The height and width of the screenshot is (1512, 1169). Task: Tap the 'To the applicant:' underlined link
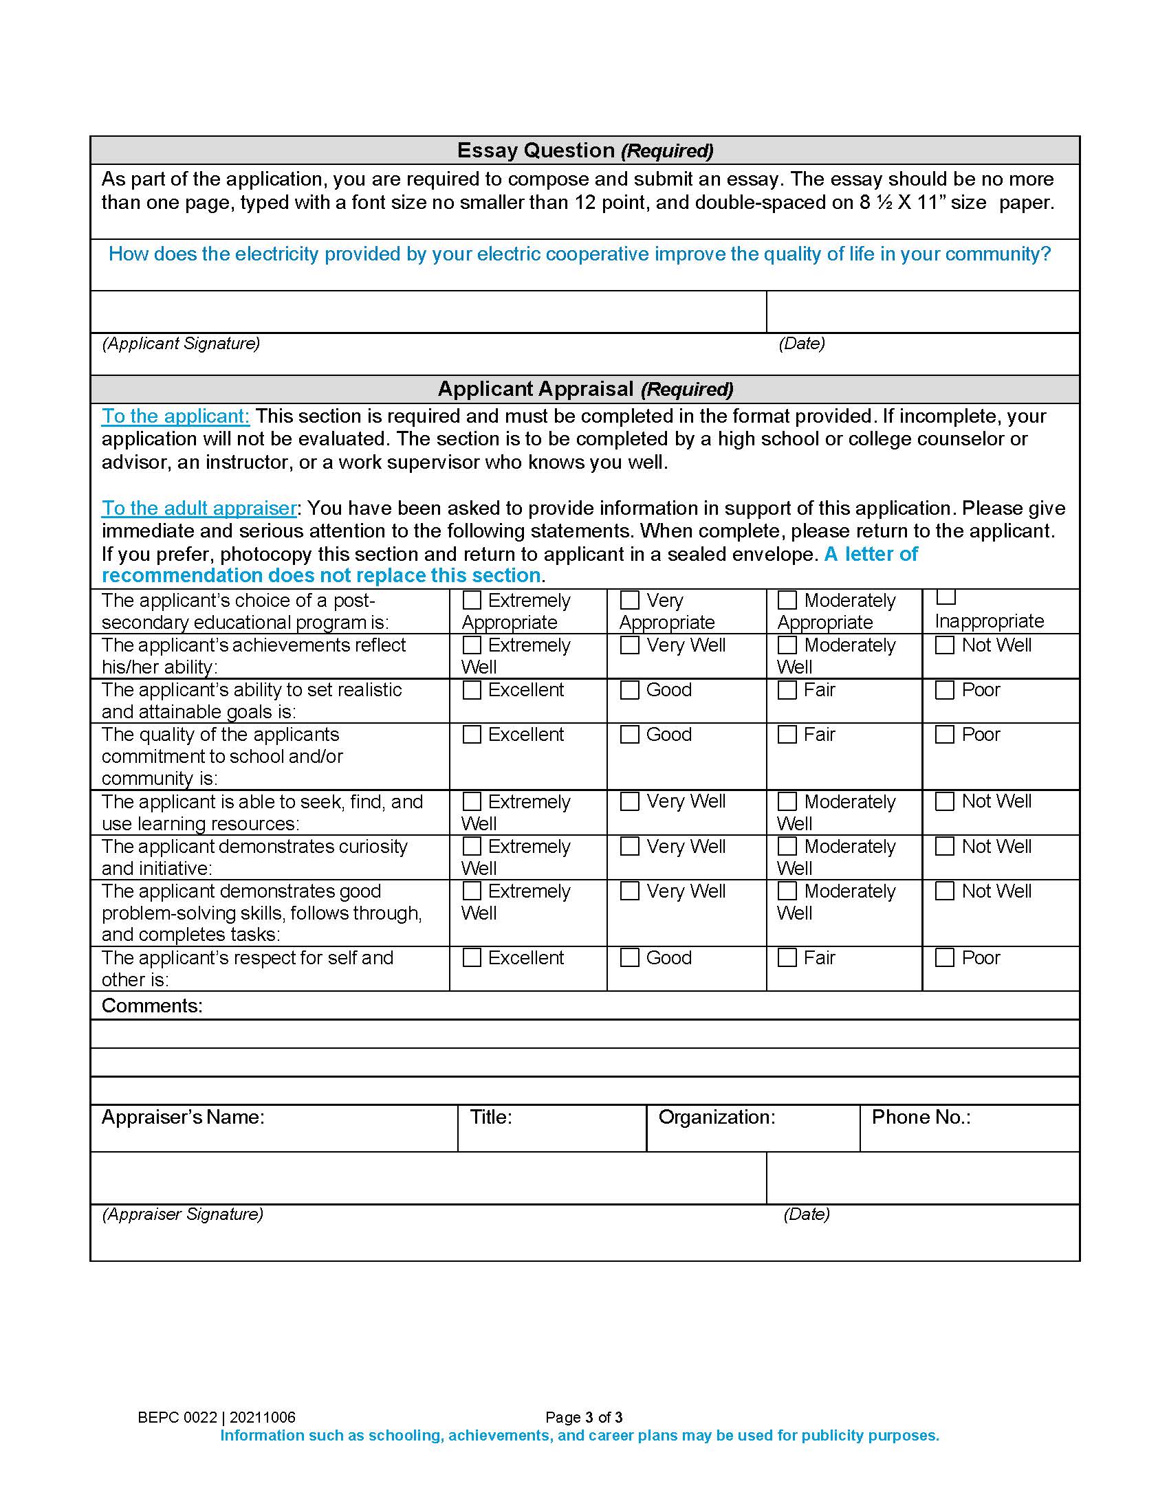click(x=175, y=416)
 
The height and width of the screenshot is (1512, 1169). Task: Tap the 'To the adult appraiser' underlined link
click(x=199, y=508)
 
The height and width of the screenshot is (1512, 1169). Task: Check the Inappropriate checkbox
click(x=946, y=597)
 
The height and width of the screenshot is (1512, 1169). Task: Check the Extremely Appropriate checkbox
click(x=472, y=599)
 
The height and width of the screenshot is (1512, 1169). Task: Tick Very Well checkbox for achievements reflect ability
click(x=629, y=645)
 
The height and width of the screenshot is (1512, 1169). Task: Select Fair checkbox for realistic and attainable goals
click(x=787, y=689)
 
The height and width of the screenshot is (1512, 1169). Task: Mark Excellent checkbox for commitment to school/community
click(x=472, y=734)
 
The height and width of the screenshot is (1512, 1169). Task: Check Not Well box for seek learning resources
click(x=945, y=801)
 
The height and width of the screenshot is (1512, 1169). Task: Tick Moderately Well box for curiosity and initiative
click(x=787, y=846)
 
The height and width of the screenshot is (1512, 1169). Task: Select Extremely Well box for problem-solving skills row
click(x=472, y=890)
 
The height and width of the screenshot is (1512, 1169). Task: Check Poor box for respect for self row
click(x=945, y=957)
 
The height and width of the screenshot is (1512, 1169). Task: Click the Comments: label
click(x=152, y=1005)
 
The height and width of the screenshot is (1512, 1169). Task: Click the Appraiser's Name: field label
click(x=183, y=1117)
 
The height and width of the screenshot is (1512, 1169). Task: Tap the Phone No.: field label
click(x=920, y=1117)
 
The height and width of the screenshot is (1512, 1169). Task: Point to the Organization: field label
click(x=716, y=1117)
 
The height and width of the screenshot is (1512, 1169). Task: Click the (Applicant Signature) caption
click(x=181, y=344)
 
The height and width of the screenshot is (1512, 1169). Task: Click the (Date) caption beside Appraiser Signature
click(x=806, y=1214)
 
